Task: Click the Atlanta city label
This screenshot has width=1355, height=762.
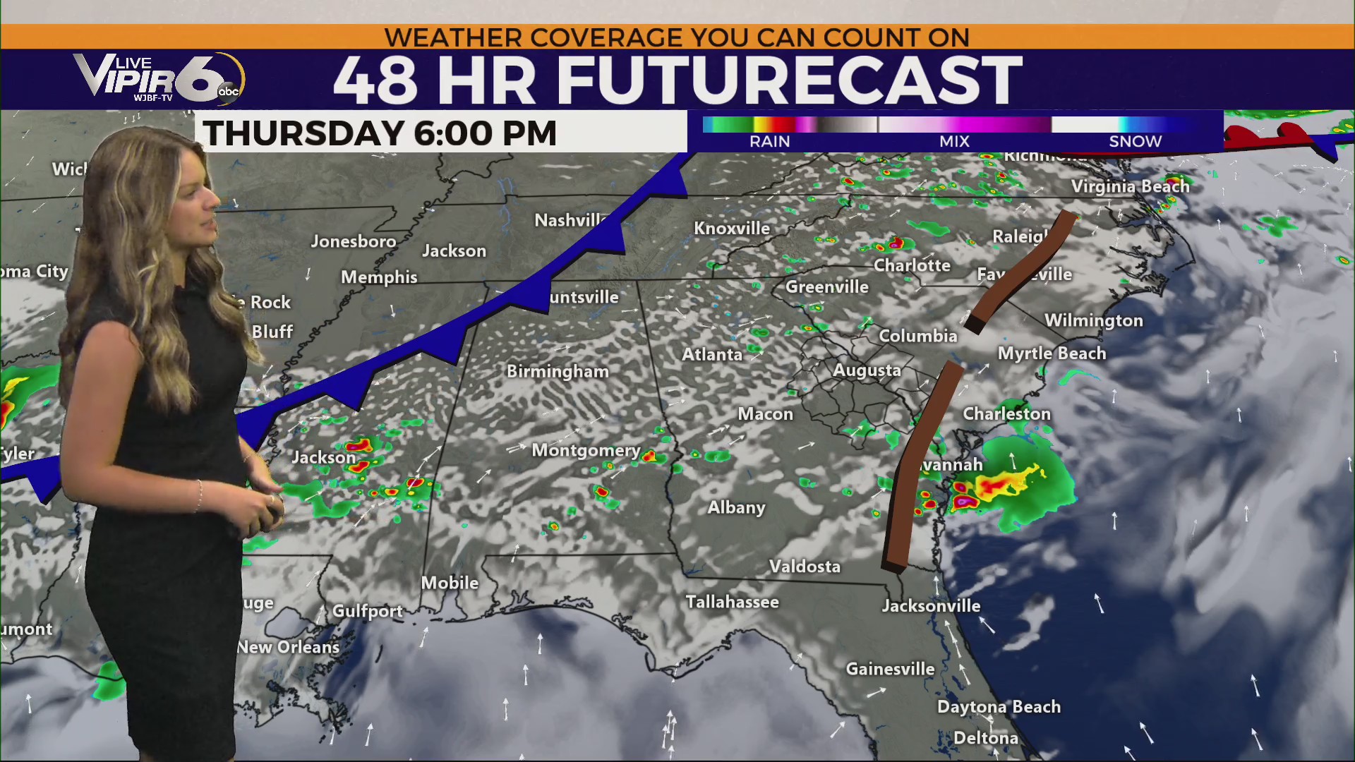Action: tap(711, 354)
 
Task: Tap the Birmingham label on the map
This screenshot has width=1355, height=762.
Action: tap(558, 371)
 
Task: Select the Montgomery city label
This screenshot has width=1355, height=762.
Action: tap(586, 450)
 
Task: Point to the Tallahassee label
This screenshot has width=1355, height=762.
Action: tap(733, 602)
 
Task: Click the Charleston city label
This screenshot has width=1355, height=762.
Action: tap(1007, 413)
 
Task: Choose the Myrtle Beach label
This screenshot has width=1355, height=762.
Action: tap(1052, 353)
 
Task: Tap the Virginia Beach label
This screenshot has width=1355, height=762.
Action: tap(1130, 186)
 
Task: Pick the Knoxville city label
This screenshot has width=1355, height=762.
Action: tap(732, 229)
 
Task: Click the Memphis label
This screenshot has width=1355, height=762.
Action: tap(379, 277)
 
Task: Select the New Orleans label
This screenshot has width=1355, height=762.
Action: tap(288, 647)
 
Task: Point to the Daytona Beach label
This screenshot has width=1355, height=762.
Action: tap(999, 707)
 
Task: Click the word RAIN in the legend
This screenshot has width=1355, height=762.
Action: tap(769, 141)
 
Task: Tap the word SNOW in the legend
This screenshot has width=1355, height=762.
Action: tap(1135, 141)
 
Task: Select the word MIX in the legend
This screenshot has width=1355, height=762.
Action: tap(954, 141)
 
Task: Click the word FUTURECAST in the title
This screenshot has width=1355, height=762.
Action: tap(789, 80)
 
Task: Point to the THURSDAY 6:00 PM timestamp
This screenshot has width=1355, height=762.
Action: tap(380, 133)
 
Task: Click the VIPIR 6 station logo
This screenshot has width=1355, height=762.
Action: tap(159, 78)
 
